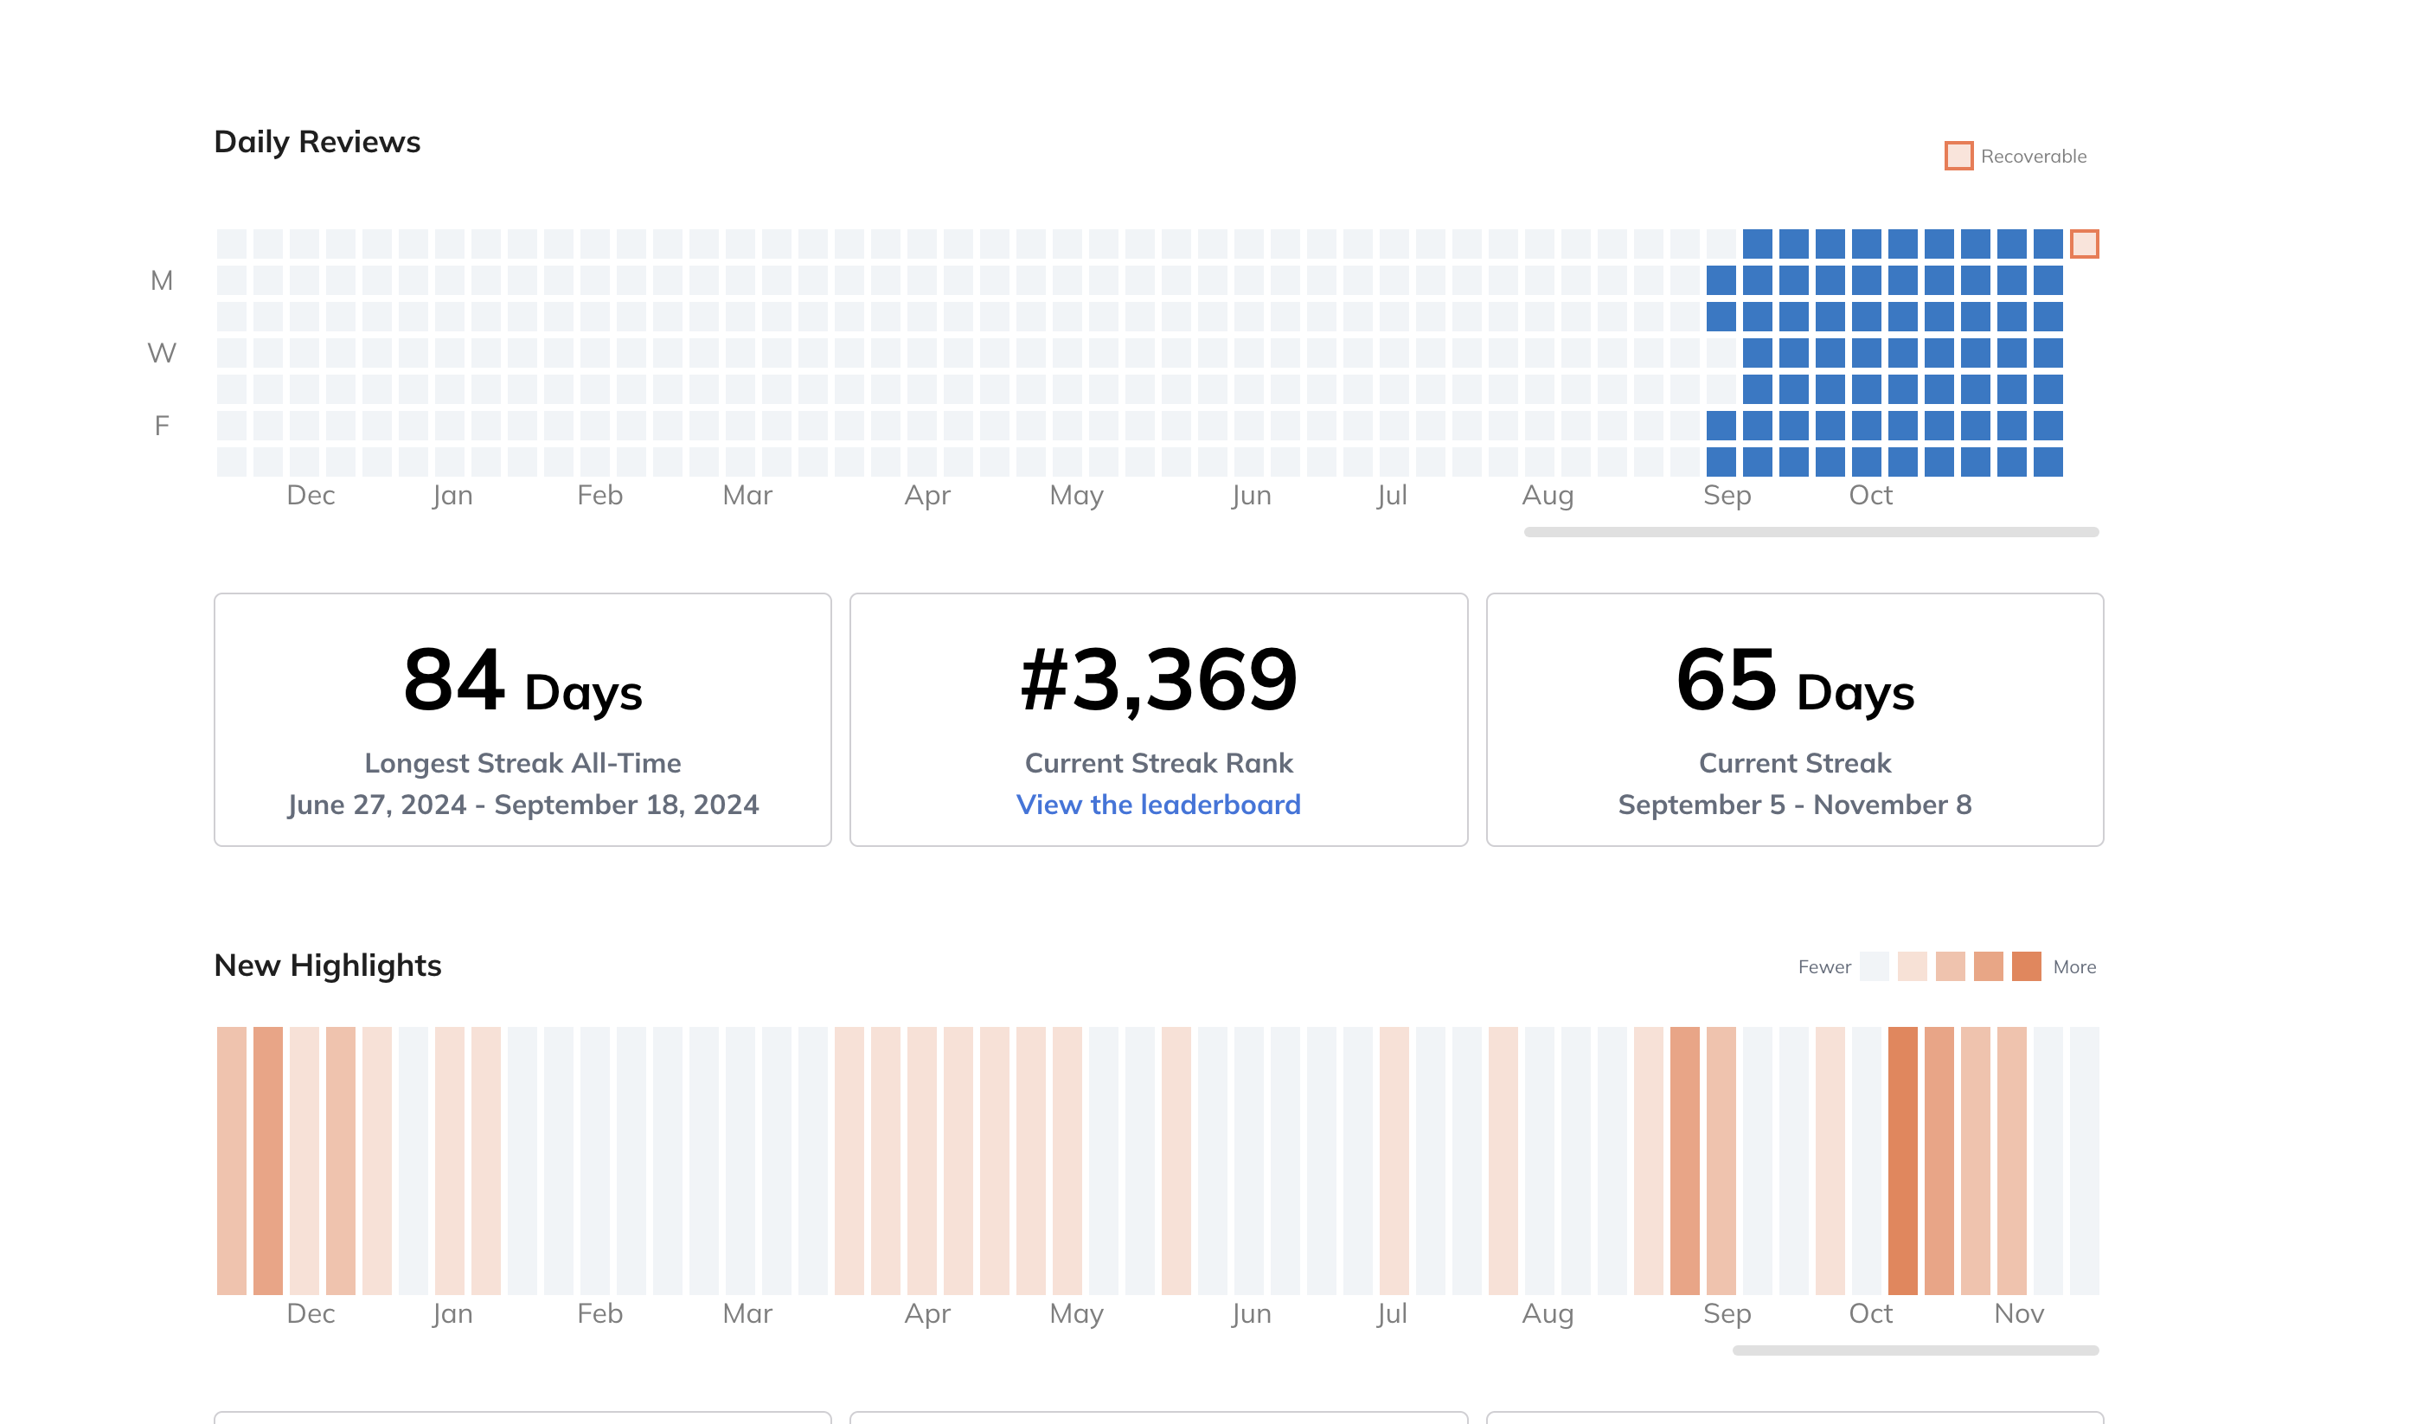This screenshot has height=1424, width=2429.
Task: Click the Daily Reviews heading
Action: coord(317,142)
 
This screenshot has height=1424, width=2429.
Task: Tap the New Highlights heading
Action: coord(328,965)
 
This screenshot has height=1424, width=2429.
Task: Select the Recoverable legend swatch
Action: coord(1958,157)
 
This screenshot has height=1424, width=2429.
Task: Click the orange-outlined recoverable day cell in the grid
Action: coord(2084,244)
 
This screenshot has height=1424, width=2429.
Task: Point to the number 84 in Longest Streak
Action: coord(453,681)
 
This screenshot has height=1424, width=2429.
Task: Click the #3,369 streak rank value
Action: coord(1157,681)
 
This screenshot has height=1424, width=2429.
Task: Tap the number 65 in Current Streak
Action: coord(1726,681)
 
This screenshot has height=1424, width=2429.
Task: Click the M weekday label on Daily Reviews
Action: coord(162,280)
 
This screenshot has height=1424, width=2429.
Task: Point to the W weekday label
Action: coord(162,353)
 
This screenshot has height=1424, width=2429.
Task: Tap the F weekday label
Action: coord(162,425)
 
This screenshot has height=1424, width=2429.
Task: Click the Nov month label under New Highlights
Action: coord(2018,1313)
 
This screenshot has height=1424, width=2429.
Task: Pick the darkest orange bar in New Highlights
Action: coord(1901,1160)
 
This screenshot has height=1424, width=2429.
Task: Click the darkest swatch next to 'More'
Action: coord(2026,966)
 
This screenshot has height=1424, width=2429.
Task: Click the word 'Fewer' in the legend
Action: coord(1823,967)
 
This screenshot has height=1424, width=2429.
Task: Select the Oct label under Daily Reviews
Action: coord(1870,496)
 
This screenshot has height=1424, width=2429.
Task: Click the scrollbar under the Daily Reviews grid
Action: coord(1811,532)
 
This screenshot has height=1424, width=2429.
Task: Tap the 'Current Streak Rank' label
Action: coord(1157,763)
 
